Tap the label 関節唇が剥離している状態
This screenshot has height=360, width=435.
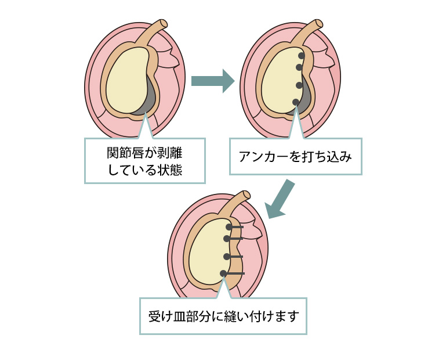(x=145, y=161)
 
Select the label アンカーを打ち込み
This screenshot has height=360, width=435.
(x=295, y=156)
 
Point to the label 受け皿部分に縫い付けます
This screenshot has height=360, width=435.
(x=223, y=316)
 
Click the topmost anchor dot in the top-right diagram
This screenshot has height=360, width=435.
(x=302, y=56)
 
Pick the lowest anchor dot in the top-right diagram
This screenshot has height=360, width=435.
(x=296, y=102)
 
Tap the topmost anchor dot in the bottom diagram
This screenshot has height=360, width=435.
(x=229, y=227)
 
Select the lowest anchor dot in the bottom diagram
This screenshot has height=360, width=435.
(x=223, y=273)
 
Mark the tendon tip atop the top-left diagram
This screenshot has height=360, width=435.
(x=164, y=24)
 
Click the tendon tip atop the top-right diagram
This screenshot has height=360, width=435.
(x=318, y=24)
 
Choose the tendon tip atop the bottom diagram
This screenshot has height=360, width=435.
(x=246, y=195)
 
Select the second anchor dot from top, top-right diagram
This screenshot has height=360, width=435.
(x=299, y=67)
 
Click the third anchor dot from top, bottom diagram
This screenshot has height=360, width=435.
(x=227, y=256)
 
